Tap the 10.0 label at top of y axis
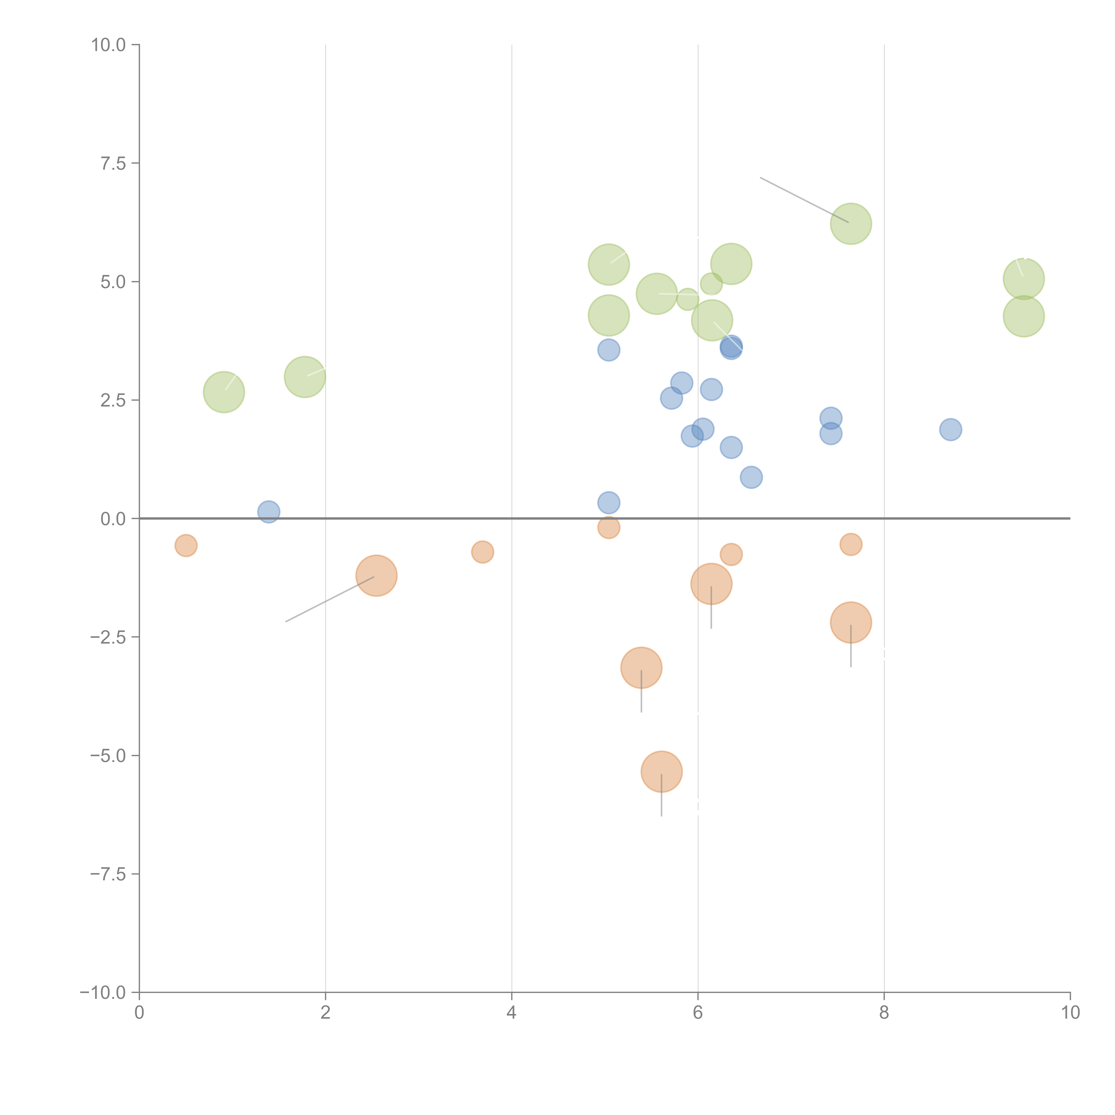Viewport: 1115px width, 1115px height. click(x=109, y=45)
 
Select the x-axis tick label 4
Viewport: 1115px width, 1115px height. click(x=511, y=1012)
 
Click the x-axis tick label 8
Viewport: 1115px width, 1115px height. click(x=884, y=1012)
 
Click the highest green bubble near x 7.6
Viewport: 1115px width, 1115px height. click(x=851, y=223)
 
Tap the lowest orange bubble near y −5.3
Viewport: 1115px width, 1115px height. click(x=661, y=772)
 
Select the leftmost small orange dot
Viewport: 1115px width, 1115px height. click(x=186, y=545)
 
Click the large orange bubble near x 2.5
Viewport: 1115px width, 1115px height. click(x=376, y=575)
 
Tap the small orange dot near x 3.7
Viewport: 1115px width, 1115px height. click(x=483, y=552)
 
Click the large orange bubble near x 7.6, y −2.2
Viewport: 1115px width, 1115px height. click(x=851, y=622)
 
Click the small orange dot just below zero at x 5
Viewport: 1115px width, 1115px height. click(x=608, y=527)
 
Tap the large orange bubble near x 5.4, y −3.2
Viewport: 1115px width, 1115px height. click(x=641, y=668)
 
